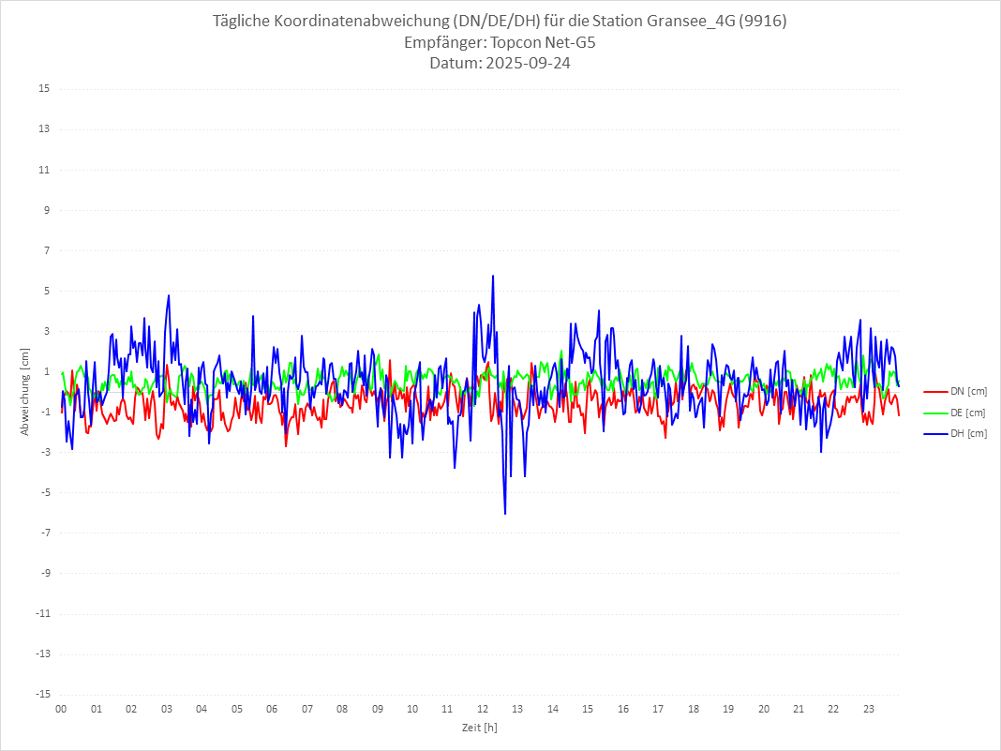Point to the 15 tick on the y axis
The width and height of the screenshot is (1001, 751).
[x=44, y=89]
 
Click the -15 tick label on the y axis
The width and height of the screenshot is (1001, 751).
[x=42, y=694]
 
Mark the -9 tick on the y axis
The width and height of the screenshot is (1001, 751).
[x=44, y=573]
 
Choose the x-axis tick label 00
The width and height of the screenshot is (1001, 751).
[x=61, y=709]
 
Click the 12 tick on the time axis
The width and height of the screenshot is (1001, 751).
[x=483, y=709]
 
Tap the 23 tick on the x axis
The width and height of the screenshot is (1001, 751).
[x=869, y=709]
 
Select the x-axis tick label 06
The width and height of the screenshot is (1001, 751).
[x=272, y=709]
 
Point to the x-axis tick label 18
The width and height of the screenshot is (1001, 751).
[x=694, y=709]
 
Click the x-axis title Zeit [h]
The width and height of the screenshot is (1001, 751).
[x=479, y=728]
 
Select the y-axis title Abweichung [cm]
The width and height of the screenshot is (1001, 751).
[x=25, y=391]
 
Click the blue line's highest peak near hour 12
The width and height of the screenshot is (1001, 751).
[x=493, y=276]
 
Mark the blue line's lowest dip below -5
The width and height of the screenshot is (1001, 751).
[x=505, y=514]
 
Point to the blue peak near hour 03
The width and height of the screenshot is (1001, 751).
[x=169, y=295]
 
